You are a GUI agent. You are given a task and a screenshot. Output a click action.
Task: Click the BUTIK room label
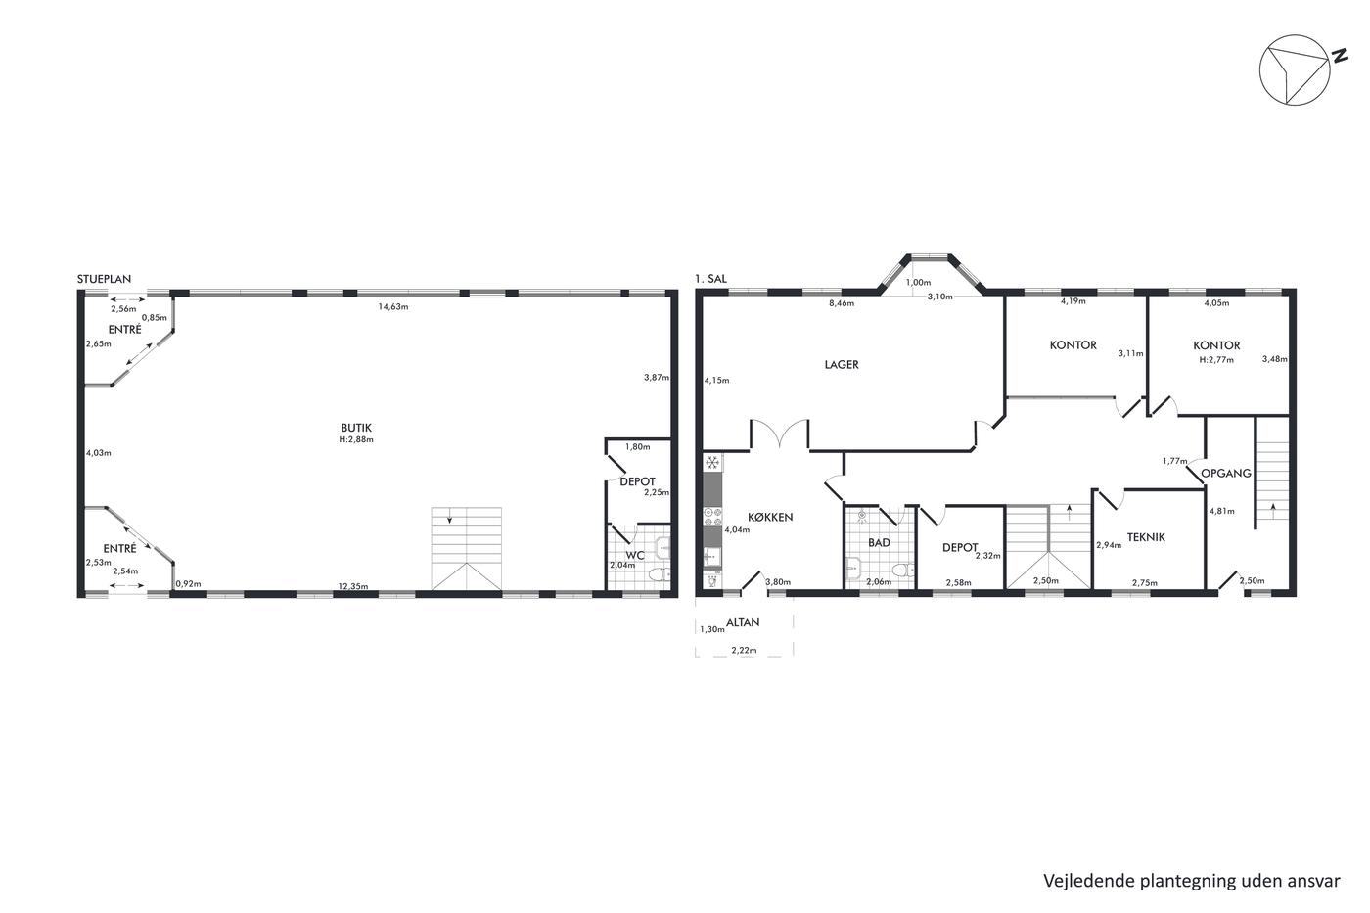tap(356, 428)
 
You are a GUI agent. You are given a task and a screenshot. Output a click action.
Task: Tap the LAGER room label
tap(842, 364)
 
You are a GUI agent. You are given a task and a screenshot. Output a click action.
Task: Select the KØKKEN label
tap(770, 517)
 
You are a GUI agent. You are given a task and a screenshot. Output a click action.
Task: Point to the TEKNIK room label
tap(1146, 537)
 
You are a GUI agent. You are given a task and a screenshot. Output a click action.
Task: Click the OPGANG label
tap(1226, 474)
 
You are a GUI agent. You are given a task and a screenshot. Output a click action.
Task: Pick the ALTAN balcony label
tap(743, 622)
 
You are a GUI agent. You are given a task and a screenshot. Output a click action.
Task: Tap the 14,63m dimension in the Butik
tap(392, 306)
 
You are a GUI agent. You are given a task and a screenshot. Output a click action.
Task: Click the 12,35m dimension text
tap(353, 586)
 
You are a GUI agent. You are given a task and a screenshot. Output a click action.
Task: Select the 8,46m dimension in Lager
tap(842, 302)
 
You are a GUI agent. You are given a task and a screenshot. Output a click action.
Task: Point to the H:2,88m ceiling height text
tap(356, 439)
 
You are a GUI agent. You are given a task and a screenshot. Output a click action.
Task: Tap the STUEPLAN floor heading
tap(104, 279)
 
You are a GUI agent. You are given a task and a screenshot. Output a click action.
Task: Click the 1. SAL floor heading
tap(710, 279)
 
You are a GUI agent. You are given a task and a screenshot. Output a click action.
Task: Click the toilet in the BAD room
tap(901, 571)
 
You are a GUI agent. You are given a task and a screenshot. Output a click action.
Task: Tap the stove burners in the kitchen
tap(713, 516)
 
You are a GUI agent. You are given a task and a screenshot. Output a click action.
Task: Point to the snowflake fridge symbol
tap(712, 462)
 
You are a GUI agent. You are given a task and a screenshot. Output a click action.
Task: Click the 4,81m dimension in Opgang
tap(1222, 511)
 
